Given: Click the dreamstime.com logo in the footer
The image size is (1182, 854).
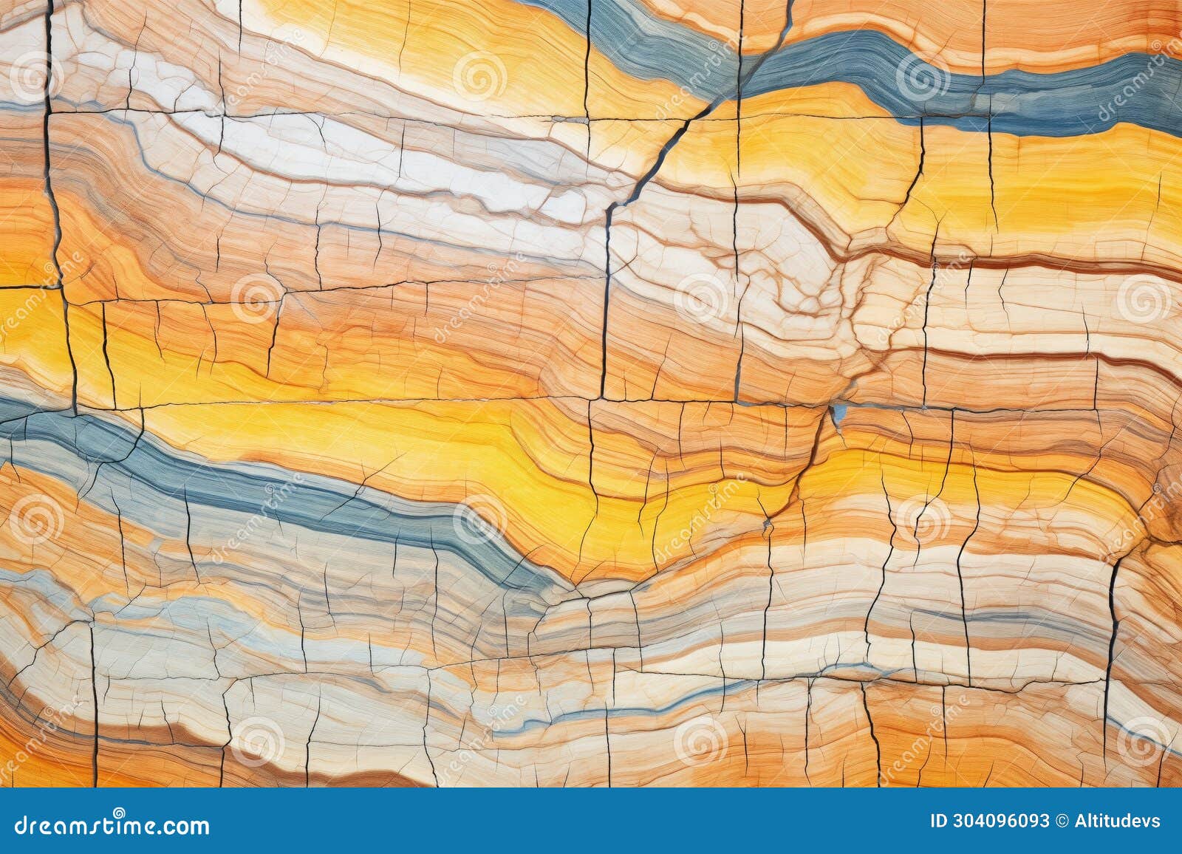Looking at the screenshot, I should (x=106, y=825).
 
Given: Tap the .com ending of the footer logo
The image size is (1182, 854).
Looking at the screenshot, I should (x=185, y=826).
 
